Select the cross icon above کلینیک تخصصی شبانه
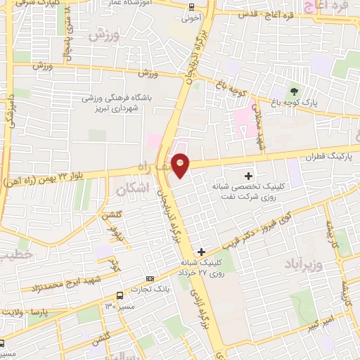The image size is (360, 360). tap(247, 175)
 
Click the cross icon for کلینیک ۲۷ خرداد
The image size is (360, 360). tap(202, 251)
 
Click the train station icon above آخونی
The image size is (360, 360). tap(193, 7)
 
